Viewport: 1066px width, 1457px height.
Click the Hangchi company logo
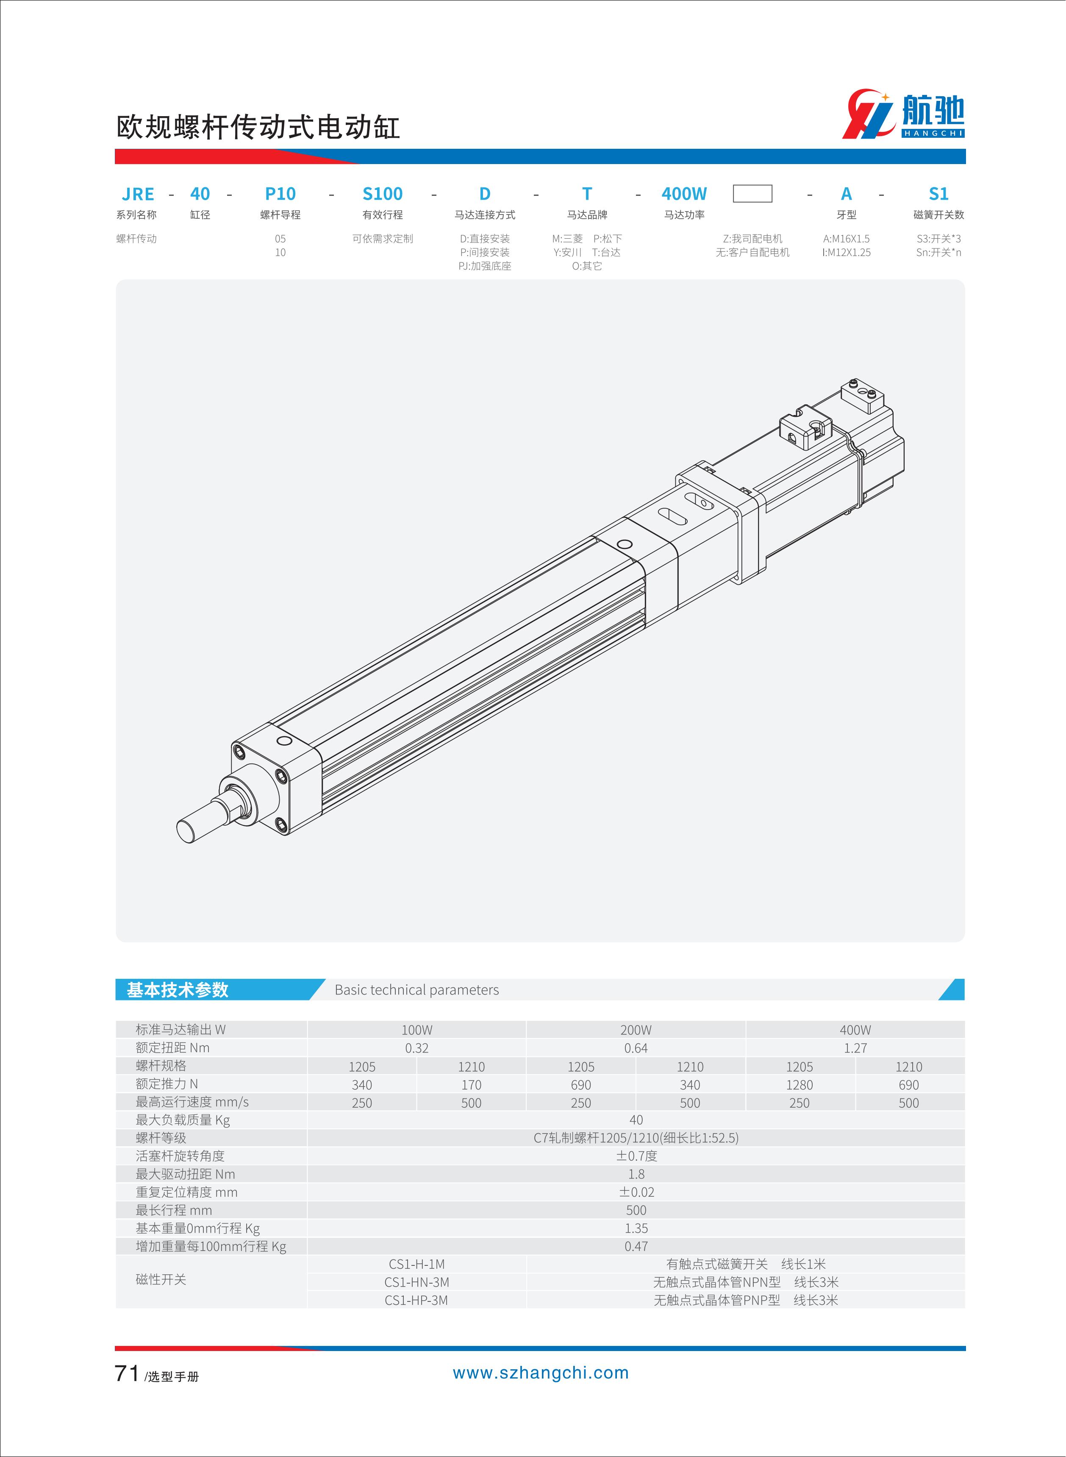click(903, 114)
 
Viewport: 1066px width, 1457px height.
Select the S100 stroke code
click(382, 194)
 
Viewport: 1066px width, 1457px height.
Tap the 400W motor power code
click(684, 194)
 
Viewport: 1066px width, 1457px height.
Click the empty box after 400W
click(752, 194)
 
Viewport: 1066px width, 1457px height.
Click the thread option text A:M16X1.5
click(846, 239)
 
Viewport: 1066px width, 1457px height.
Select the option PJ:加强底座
click(485, 266)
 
